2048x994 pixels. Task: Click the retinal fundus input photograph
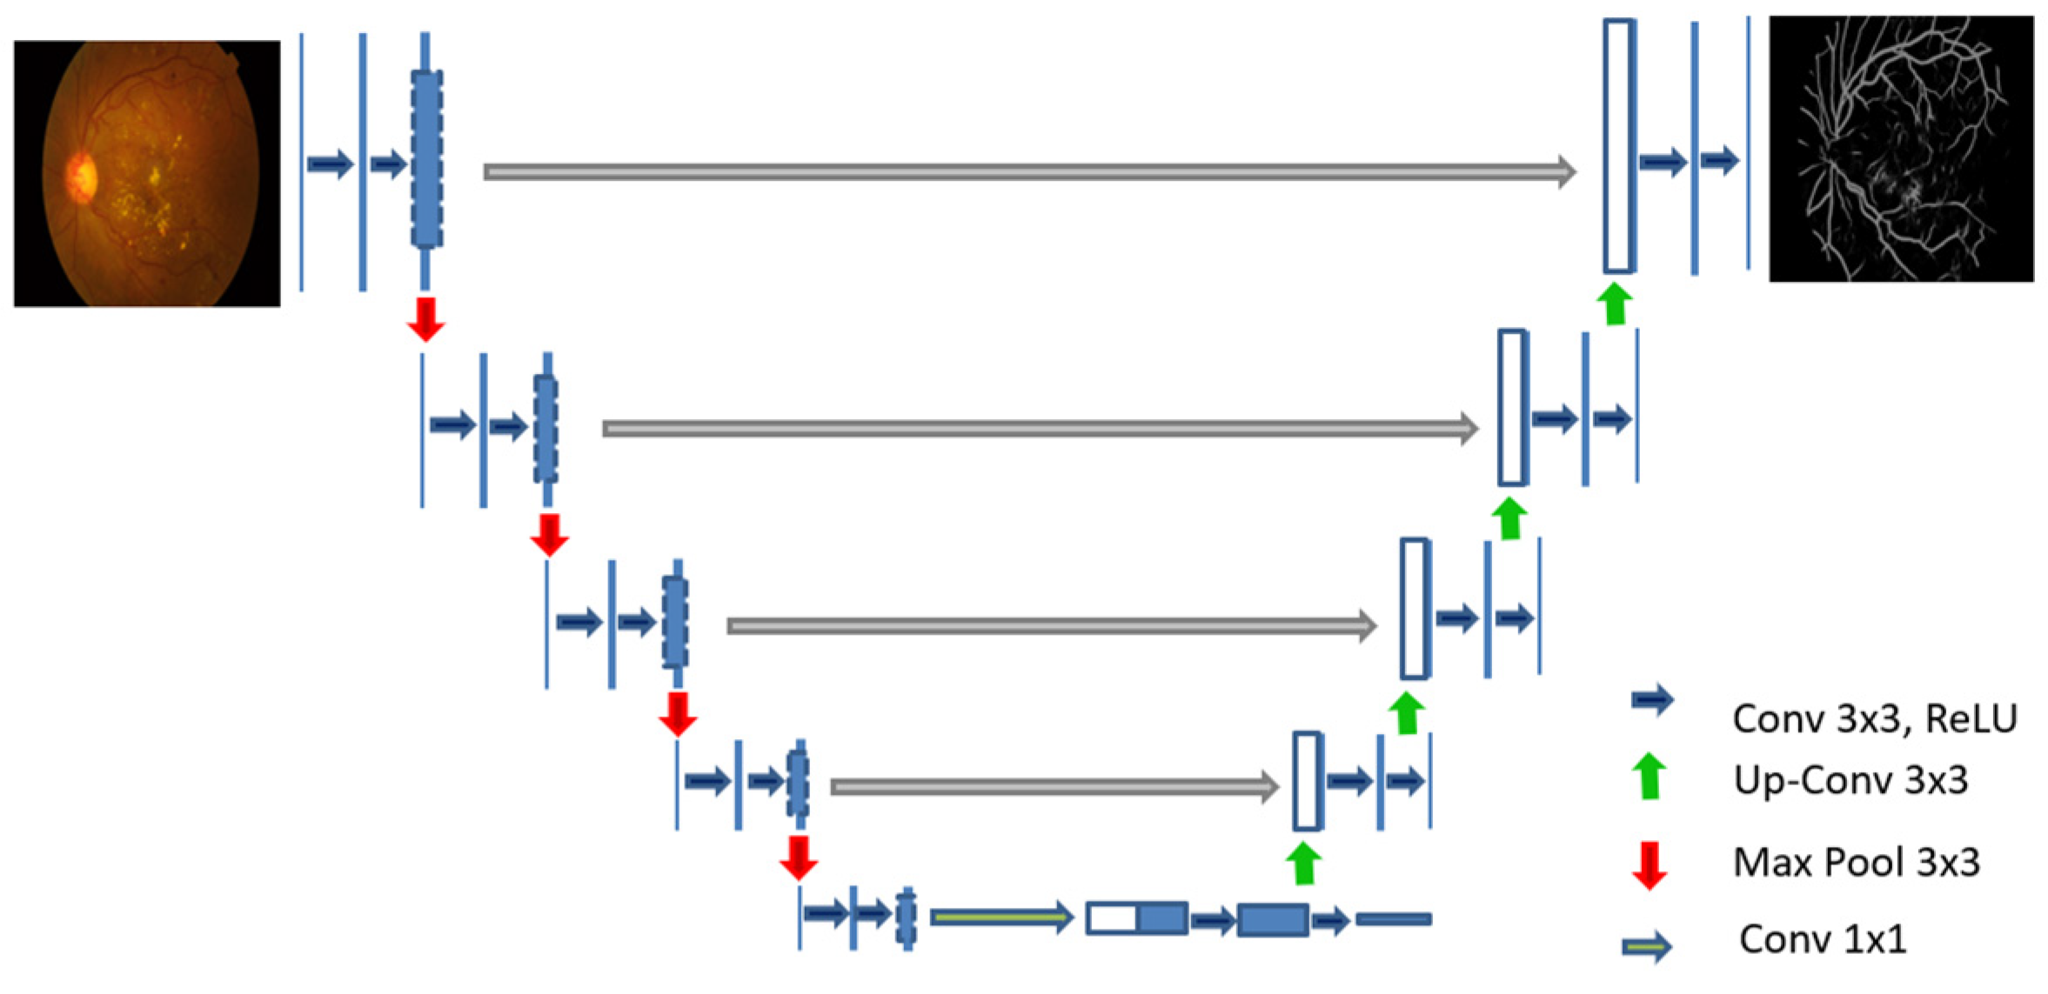click(146, 173)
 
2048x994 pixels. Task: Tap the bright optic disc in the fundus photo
click(81, 177)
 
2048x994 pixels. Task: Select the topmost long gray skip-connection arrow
click(1027, 171)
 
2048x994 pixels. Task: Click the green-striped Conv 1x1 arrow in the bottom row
click(1001, 917)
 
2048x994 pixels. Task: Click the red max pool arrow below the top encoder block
click(425, 319)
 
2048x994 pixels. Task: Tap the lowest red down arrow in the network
click(798, 857)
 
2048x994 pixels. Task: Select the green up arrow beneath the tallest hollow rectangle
click(1615, 304)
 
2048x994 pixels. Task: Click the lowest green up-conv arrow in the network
click(1302, 864)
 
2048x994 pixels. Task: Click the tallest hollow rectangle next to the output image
click(1617, 146)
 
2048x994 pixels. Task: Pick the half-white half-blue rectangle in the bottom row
click(1136, 918)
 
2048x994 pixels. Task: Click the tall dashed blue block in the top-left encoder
click(426, 159)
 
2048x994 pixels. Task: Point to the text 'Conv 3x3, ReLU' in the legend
click(1874, 719)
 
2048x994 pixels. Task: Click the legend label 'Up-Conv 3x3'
click(1850, 780)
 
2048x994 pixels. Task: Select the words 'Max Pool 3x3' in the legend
click(1856, 863)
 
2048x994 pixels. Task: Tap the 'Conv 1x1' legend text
click(1823, 939)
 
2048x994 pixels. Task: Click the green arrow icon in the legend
click(1648, 777)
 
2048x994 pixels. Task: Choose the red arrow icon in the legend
click(1648, 864)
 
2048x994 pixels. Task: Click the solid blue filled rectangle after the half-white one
click(1272, 920)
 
